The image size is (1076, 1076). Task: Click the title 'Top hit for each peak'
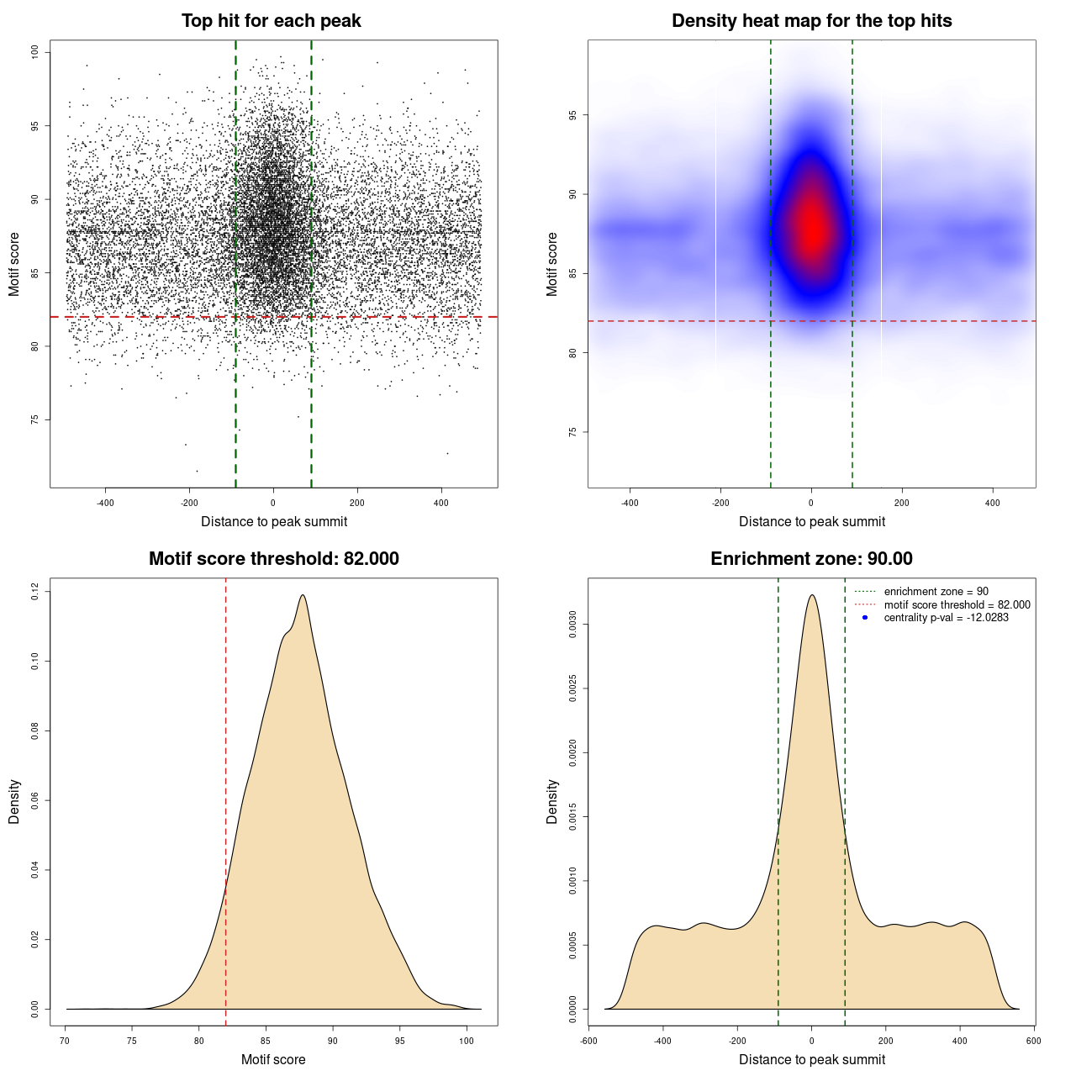point(271,21)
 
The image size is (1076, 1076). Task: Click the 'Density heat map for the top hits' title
point(811,21)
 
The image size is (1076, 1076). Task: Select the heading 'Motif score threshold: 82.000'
point(273,559)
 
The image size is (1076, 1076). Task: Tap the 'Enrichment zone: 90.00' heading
point(811,559)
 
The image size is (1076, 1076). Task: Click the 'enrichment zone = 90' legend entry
point(936,592)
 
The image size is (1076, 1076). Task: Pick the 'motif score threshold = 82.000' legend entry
point(957,604)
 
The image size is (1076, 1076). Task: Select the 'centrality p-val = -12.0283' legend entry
point(946,618)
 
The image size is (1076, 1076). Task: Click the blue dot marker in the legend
point(865,618)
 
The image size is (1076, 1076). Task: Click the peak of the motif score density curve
point(302,595)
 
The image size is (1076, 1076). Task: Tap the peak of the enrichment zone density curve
point(812,595)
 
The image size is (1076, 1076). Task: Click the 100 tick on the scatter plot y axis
point(34,52)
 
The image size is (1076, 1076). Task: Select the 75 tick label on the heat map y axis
point(572,432)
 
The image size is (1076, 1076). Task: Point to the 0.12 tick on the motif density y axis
point(34,592)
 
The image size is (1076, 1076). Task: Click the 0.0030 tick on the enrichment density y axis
point(572,625)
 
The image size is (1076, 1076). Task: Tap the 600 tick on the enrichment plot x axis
point(1033,1041)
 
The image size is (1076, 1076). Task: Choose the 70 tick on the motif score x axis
point(66,1041)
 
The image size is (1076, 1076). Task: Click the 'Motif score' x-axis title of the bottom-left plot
point(273,1059)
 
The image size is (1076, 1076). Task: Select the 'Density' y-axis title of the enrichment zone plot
point(552,801)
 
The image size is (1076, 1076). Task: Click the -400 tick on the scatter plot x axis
point(105,503)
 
